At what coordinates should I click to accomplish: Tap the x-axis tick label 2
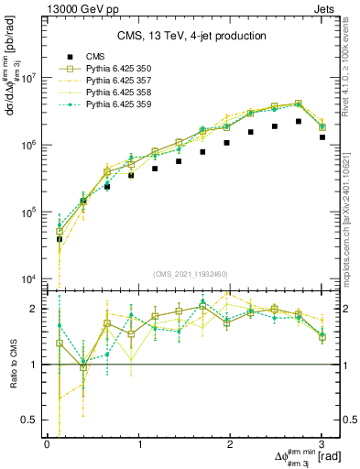point(231,443)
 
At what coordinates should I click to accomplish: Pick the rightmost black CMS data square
point(322,136)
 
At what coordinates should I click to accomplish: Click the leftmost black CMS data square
point(60,239)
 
